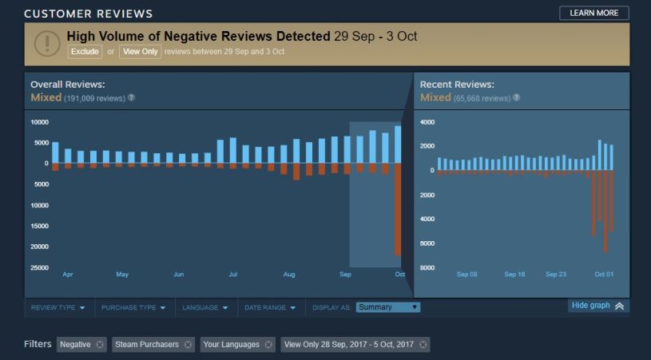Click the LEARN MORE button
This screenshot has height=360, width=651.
pyautogui.click(x=593, y=13)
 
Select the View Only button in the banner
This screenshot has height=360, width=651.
pyautogui.click(x=140, y=51)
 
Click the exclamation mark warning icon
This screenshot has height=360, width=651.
pyautogui.click(x=46, y=43)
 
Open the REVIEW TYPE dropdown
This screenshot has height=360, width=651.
pyautogui.click(x=58, y=307)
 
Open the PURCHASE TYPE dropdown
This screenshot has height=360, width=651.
pyautogui.click(x=134, y=307)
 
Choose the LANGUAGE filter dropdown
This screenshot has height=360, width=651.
pyautogui.click(x=204, y=307)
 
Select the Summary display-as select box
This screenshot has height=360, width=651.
pyautogui.click(x=388, y=307)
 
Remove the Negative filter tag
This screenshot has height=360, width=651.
pyautogui.click(x=99, y=345)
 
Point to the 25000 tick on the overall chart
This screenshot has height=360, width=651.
pyautogui.click(x=38, y=267)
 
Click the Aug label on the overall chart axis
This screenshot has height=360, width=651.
pyautogui.click(x=288, y=275)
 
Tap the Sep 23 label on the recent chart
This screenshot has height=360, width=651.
pyautogui.click(x=556, y=275)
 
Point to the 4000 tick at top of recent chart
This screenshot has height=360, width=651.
pyautogui.click(x=427, y=122)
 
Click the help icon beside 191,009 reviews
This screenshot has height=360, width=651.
pyautogui.click(x=131, y=98)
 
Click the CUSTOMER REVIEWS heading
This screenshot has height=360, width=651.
pyautogui.click(x=88, y=14)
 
